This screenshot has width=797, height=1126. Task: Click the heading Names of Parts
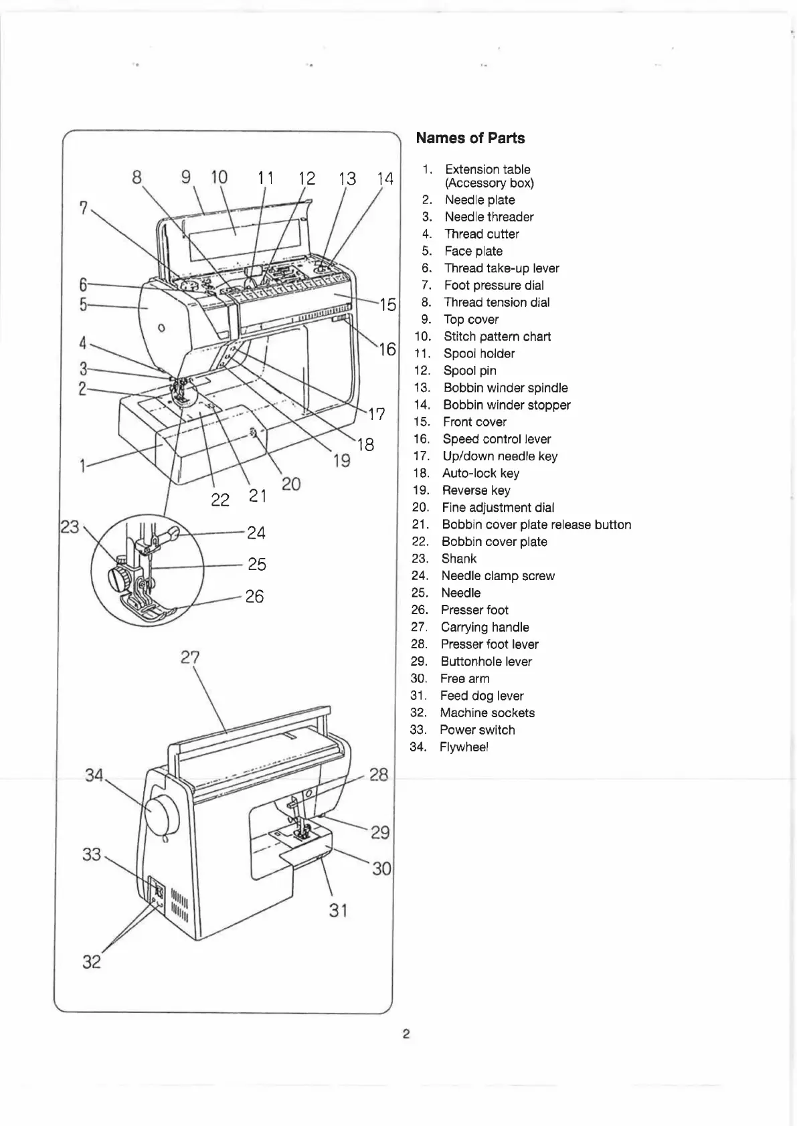click(470, 138)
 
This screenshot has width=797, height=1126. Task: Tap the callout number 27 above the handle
click(190, 658)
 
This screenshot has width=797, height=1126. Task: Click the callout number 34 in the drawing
click(94, 775)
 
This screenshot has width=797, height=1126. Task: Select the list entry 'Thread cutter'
click(481, 234)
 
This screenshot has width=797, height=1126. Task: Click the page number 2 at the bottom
click(406, 1034)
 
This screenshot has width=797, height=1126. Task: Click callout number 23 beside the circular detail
click(70, 527)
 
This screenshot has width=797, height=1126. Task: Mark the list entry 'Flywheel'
click(464, 747)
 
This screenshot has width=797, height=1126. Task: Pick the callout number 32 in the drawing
click(91, 962)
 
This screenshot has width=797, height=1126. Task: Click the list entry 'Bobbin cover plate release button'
click(536, 525)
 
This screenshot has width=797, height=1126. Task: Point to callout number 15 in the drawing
click(388, 305)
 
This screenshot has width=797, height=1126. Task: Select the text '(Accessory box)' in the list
click(489, 183)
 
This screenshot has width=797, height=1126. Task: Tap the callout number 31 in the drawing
click(338, 910)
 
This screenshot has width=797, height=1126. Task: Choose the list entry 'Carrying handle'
click(484, 627)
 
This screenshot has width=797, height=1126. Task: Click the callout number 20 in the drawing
click(291, 483)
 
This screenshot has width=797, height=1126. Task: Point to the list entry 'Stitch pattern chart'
click(497, 337)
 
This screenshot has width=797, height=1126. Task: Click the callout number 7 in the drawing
click(83, 208)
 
